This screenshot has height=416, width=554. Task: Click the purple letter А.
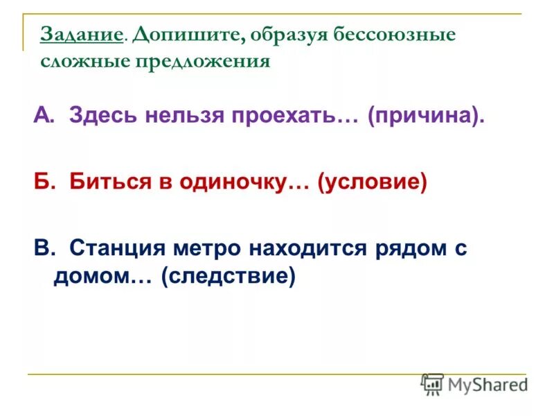click(42, 116)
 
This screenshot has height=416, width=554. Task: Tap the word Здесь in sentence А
click(102, 116)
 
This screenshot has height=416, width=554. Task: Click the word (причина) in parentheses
click(425, 116)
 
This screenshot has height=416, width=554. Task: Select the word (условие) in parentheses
click(371, 182)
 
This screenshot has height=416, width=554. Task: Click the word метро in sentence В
click(211, 248)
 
